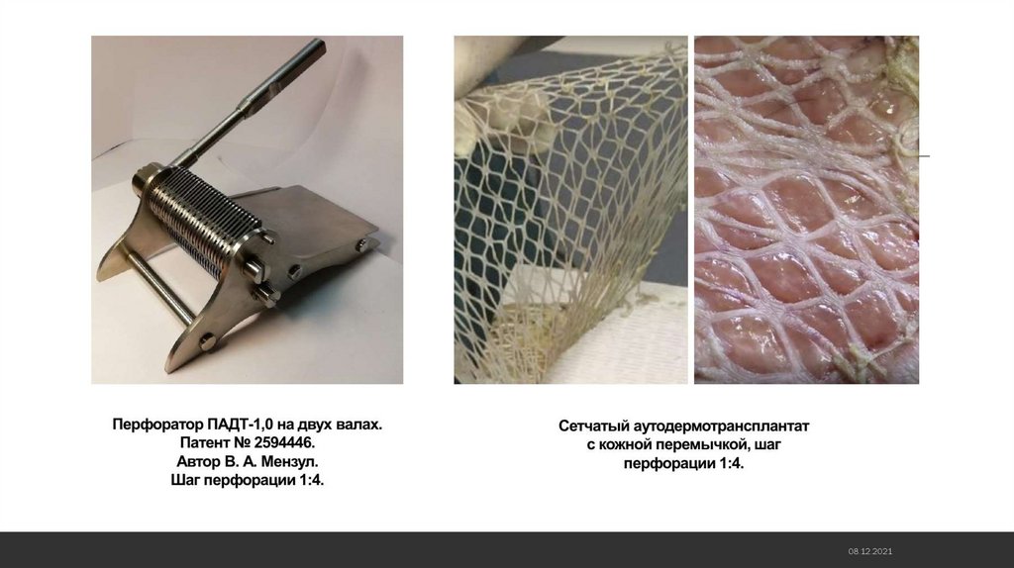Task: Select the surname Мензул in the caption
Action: [x=289, y=462]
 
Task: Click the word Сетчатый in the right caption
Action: [x=594, y=426]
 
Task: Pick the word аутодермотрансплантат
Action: [x=721, y=426]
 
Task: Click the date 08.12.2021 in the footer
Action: [x=870, y=551]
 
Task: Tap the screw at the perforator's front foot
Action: [x=208, y=341]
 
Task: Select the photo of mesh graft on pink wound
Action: [x=806, y=210]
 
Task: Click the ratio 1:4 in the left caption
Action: [x=310, y=481]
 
